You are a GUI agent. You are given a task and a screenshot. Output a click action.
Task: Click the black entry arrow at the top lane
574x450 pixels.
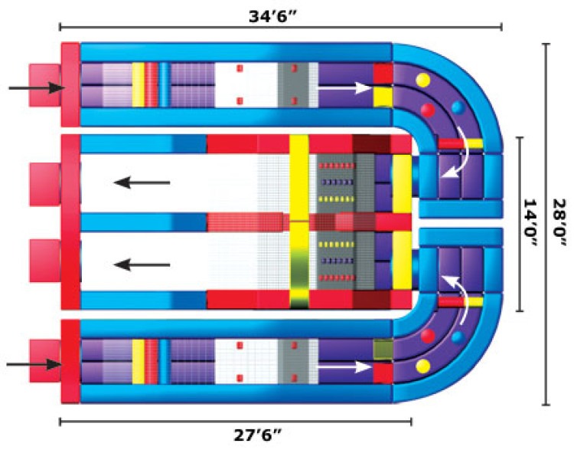pos(35,88)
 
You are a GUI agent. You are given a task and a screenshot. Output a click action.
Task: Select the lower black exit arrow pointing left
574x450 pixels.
pos(141,264)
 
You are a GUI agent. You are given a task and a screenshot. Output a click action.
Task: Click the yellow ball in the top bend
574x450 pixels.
pos(422,80)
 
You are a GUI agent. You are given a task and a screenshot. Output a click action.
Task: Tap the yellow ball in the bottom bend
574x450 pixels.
pos(422,366)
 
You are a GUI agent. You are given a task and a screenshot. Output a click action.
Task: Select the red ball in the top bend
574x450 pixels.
pos(428,110)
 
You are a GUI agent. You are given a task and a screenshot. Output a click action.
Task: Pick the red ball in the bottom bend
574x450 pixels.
pos(428,336)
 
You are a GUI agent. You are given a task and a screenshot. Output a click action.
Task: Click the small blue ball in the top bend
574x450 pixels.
pos(458,107)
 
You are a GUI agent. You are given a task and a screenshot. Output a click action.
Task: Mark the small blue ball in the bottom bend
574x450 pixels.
pos(458,337)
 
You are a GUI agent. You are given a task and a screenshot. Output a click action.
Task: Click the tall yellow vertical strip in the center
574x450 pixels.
pos(299,222)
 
